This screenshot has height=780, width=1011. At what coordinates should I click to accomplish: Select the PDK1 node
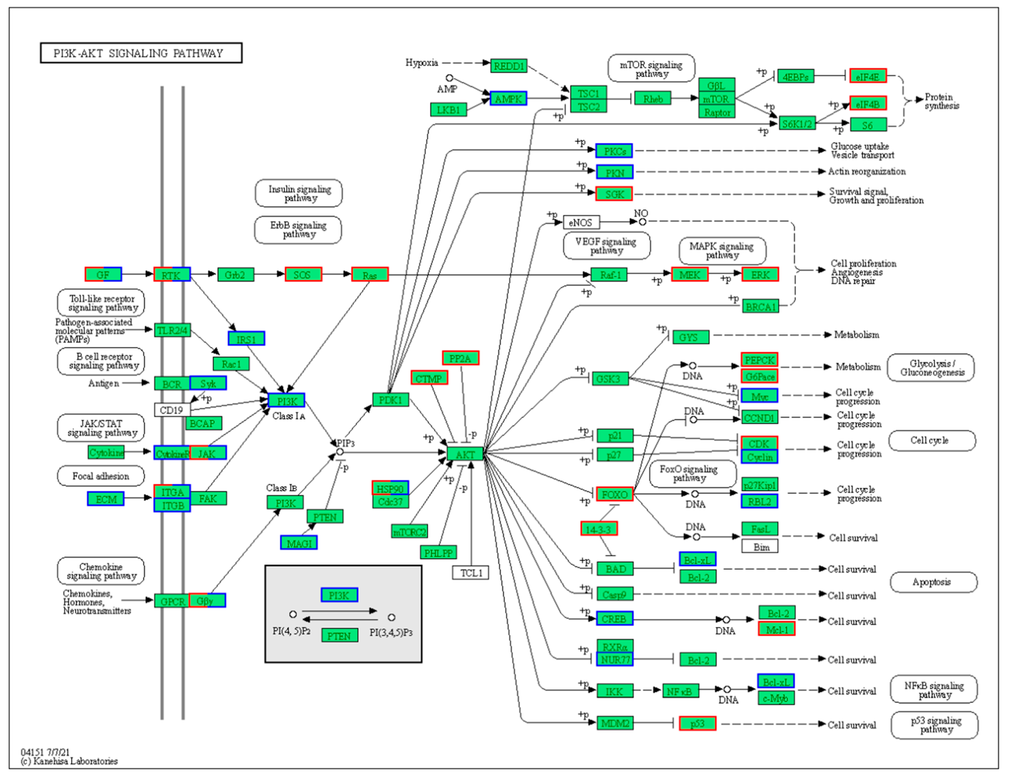(x=390, y=399)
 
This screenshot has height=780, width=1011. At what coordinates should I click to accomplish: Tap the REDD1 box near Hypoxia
(x=509, y=66)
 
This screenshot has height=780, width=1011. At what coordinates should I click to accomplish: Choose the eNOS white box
(x=581, y=222)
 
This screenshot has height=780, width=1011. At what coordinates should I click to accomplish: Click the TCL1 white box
(x=471, y=573)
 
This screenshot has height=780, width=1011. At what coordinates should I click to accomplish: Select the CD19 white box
(x=171, y=410)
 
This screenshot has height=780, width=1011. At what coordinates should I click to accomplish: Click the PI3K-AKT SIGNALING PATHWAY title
(x=141, y=53)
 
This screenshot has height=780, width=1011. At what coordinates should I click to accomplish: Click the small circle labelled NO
(x=642, y=222)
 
